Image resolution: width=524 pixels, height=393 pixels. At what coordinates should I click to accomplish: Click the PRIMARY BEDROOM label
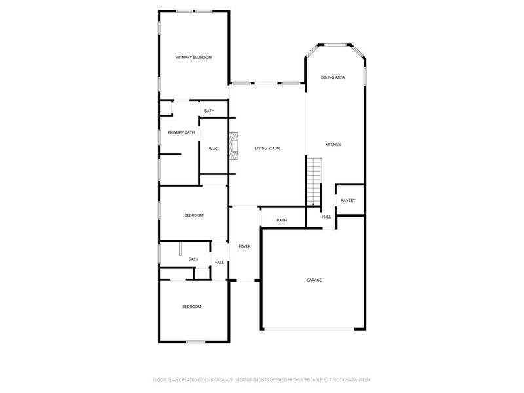[193, 58]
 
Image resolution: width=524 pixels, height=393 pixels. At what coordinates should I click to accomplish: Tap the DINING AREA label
[333, 77]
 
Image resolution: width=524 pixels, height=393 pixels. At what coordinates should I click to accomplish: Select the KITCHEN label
[333, 145]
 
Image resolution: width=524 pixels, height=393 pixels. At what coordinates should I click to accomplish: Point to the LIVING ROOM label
[267, 149]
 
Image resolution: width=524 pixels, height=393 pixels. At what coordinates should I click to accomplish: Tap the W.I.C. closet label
[214, 149]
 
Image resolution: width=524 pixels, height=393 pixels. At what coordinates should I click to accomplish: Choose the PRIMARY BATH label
[181, 132]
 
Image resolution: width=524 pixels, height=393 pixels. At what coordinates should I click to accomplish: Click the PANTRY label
[348, 200]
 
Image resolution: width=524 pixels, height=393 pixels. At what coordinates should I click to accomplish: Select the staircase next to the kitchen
[315, 181]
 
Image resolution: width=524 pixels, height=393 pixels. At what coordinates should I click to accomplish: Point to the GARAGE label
[314, 280]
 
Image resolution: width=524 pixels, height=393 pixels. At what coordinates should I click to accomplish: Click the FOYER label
[244, 246]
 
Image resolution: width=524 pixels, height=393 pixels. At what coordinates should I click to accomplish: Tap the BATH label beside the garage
[282, 220]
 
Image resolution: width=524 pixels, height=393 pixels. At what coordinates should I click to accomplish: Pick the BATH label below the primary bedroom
[209, 111]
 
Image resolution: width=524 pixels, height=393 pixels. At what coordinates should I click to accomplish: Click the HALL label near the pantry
[326, 217]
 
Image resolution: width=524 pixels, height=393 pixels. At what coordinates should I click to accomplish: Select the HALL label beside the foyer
[219, 263]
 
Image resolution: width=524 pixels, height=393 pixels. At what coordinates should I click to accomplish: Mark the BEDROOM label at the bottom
[191, 307]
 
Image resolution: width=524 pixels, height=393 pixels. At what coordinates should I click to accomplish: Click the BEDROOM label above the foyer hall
[193, 215]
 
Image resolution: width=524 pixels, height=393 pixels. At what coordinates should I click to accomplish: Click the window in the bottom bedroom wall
[195, 341]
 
